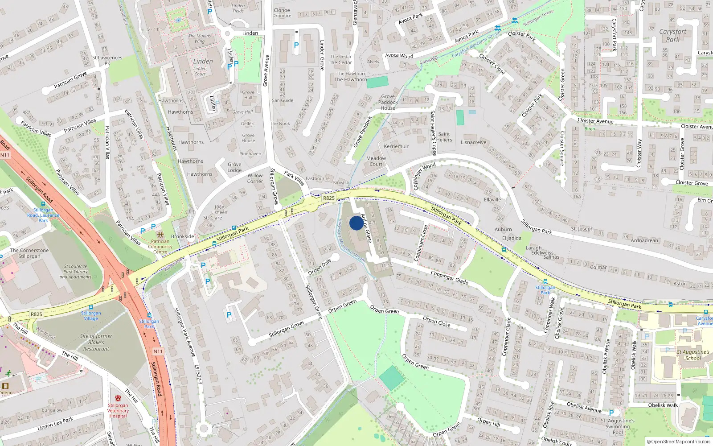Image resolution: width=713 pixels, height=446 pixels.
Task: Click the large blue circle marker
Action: (x=356, y=223)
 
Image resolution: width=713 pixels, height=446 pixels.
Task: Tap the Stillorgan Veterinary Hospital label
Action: (x=118, y=411)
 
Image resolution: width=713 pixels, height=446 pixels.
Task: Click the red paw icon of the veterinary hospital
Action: (x=118, y=398)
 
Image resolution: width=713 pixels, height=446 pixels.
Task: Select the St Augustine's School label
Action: (x=693, y=355)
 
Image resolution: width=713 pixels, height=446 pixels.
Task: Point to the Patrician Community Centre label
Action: (x=160, y=247)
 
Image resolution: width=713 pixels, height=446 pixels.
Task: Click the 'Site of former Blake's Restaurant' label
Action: (x=96, y=343)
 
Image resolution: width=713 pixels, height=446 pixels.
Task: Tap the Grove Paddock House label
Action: (x=388, y=102)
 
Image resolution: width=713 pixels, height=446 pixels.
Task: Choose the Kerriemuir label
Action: (x=396, y=146)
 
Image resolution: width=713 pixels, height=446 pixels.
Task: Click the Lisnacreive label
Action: (x=474, y=143)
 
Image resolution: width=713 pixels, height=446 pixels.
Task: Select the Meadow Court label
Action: (x=376, y=161)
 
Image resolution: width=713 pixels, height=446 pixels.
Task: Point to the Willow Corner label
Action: (x=255, y=178)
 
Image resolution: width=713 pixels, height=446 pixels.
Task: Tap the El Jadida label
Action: (x=512, y=238)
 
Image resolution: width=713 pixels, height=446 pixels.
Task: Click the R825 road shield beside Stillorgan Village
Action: (x=37, y=314)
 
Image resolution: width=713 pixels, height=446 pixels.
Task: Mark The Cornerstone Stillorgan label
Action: (x=29, y=253)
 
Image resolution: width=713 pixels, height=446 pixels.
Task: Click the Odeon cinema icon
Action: (x=5, y=386)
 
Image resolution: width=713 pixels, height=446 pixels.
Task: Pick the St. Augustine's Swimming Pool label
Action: (x=618, y=426)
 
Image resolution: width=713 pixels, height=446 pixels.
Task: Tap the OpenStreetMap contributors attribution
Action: (x=679, y=442)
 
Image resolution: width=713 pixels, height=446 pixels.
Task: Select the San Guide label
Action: (x=283, y=100)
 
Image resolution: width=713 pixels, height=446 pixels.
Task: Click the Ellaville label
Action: (x=492, y=200)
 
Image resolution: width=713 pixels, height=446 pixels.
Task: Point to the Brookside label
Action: (x=183, y=236)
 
